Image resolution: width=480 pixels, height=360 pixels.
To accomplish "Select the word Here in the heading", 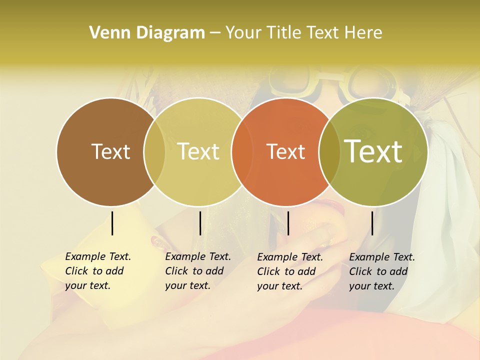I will point(363,33).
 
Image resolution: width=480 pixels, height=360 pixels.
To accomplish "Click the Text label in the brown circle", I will point(110,151).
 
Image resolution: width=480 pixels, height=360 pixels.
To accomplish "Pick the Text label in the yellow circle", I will point(198,151).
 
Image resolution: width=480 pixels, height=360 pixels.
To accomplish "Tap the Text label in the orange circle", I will point(286,151).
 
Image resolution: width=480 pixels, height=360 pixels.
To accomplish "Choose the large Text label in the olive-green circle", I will point(373,151).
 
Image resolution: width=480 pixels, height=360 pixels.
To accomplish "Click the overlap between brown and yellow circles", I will point(154,151).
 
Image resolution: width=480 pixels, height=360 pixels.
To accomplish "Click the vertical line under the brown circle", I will point(112,223).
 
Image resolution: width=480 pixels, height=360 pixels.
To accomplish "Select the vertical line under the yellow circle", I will point(200,223).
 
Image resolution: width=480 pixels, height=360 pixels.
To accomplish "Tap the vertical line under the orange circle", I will point(288,223).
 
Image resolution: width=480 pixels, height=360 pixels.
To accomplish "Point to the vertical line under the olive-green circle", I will point(372,223).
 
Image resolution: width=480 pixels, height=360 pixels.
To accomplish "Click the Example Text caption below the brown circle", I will point(97,271).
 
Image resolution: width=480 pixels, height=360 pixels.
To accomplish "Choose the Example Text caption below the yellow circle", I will point(197,271).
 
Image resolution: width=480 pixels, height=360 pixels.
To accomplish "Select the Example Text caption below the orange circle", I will point(289,271).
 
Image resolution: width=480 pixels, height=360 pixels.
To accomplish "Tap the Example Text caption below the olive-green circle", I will point(381,271).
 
